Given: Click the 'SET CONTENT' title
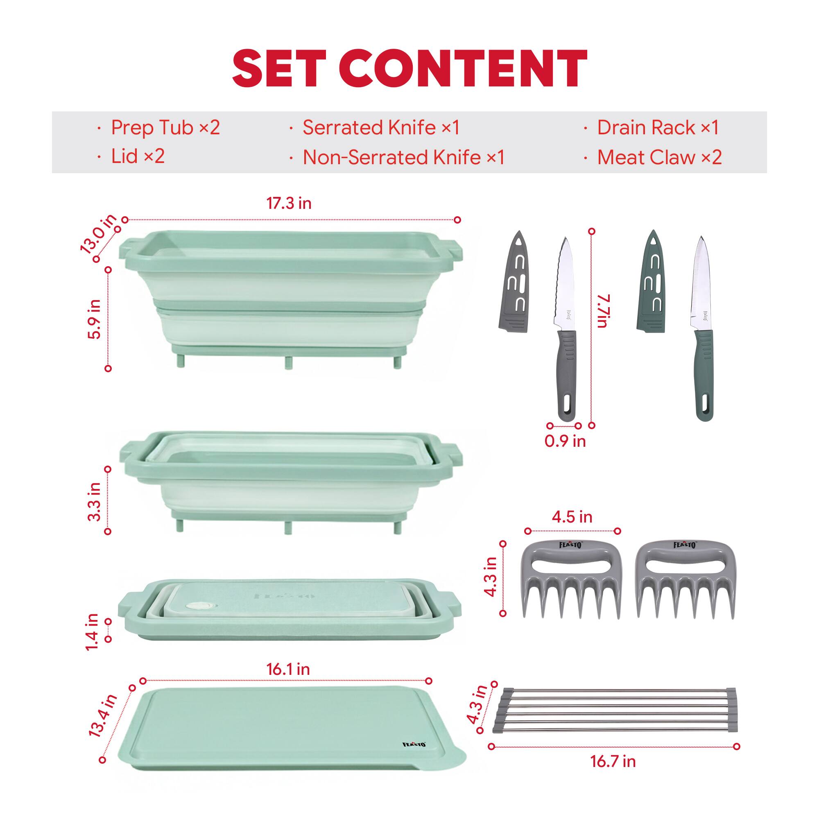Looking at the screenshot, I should pos(409,68).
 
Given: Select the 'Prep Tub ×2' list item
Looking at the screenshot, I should pos(165,128).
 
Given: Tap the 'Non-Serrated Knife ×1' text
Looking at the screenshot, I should pos(403,158).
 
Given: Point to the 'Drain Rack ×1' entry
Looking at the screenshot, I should pos(658,128).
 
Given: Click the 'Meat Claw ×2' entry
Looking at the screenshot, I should pos(659,158).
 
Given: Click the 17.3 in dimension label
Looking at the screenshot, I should pos(289,204).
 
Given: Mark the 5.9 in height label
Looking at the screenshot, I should pos(95,319).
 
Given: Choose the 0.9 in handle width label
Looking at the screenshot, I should pos(565,441).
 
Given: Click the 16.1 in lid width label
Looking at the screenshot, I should pos(288,670).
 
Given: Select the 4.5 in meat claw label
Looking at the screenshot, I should pos(572,517).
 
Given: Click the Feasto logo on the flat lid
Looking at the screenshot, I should pos(414,744).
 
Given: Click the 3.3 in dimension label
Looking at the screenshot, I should pos(95,502).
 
